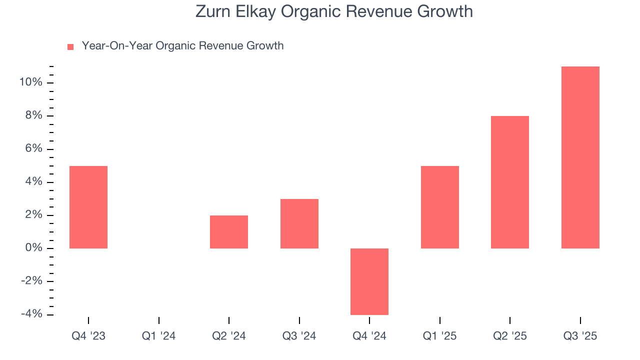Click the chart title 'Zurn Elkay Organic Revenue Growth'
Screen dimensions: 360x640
pos(334,11)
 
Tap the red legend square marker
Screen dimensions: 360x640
pos(70,47)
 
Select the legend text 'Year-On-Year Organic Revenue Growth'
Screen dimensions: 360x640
pos(182,46)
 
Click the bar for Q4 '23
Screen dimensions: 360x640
pos(88,207)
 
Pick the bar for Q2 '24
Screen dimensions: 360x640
pos(229,232)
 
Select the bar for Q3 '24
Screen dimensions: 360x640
pos(299,223)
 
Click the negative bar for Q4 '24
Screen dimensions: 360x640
pos(369,281)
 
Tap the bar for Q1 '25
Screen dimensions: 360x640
pos(440,207)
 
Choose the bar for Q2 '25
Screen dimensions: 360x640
pos(510,182)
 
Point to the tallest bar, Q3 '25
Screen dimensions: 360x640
pos(580,157)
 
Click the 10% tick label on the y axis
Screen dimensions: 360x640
pos(30,82)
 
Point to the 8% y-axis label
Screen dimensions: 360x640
pos(33,116)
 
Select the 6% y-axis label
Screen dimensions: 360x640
pos(33,149)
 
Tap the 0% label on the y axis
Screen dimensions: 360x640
pos(33,248)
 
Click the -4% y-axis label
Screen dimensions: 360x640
pos(31,314)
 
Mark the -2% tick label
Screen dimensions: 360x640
pos(31,281)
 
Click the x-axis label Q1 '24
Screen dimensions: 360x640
pos(158,336)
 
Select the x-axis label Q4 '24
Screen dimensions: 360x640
pos(369,336)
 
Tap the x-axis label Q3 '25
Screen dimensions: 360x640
pos(580,336)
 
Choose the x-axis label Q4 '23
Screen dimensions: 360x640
pos(88,336)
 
